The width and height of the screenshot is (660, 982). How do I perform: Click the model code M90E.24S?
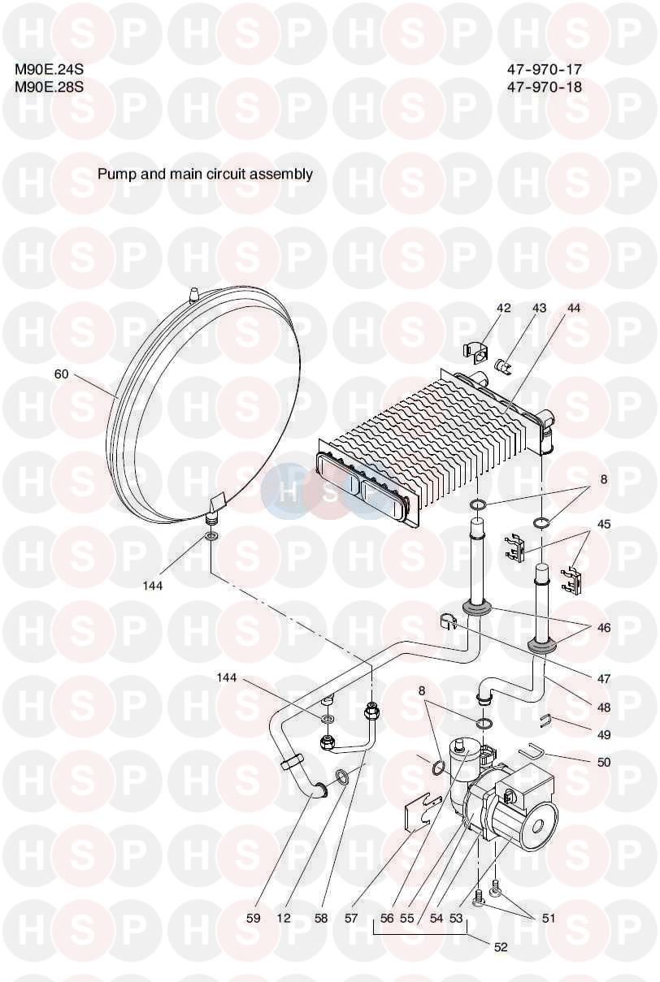[49, 69]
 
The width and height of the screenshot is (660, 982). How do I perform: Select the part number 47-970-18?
[544, 86]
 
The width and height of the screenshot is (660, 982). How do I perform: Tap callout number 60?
[62, 374]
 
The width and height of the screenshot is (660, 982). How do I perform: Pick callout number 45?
[604, 524]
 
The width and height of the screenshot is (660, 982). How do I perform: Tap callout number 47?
[604, 679]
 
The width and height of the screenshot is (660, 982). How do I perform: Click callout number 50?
[604, 762]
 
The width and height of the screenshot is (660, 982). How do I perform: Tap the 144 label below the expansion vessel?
[152, 586]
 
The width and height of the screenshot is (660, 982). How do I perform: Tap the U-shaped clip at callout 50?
[531, 754]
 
